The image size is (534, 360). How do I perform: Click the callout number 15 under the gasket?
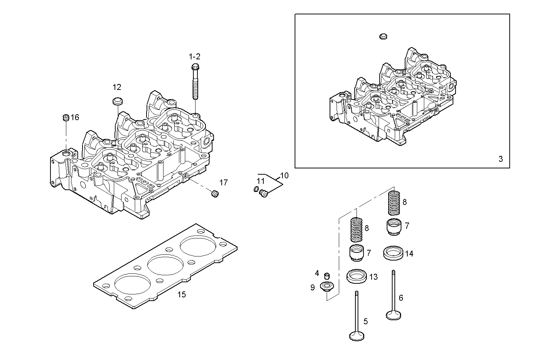[x=182, y=294]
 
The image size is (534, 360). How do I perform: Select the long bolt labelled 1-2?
[x=195, y=83]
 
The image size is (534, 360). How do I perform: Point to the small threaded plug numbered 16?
[x=66, y=118]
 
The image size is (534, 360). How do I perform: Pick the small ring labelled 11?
[x=256, y=189]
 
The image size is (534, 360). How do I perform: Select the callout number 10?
[x=284, y=175]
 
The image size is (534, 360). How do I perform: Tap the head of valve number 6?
[x=394, y=315]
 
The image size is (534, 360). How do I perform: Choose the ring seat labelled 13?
[x=357, y=276]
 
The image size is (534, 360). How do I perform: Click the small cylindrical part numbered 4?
[x=326, y=276]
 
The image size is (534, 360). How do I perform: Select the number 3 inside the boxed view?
[x=500, y=159]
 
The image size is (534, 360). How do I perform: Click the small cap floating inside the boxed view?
[x=383, y=36]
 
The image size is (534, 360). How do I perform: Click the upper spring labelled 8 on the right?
[x=394, y=202]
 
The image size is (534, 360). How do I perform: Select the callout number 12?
[x=117, y=87]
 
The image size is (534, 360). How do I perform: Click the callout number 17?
[x=224, y=182]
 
